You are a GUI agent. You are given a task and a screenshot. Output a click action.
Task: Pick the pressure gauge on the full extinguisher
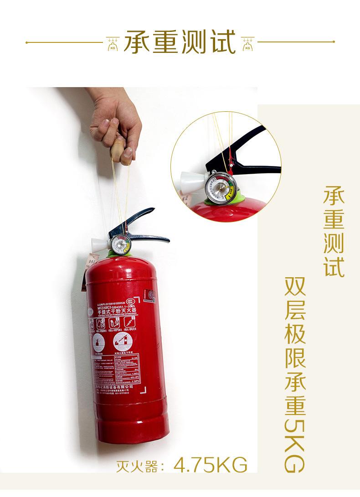coord(119,245)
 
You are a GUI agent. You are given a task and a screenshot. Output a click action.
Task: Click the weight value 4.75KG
coord(211,466)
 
